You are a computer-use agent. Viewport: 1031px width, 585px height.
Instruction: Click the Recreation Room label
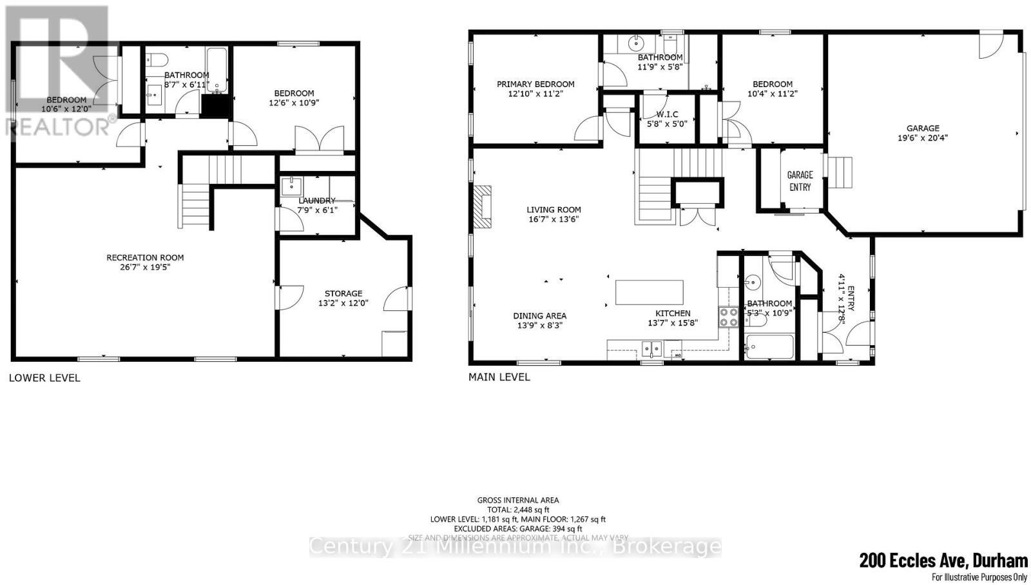[x=145, y=257]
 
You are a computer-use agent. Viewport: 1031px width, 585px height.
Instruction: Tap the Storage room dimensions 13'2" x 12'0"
[x=343, y=303]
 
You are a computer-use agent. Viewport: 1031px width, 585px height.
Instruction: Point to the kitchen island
[x=649, y=292]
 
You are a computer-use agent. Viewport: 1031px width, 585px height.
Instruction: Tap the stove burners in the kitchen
[x=729, y=317]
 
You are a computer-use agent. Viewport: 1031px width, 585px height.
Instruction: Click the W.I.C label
[x=667, y=114]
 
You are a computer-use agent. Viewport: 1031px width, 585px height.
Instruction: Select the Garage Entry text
[x=800, y=181]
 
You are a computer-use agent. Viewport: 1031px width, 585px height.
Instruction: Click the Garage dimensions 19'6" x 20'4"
[x=923, y=137]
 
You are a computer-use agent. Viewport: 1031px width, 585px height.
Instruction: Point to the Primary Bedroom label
[x=535, y=84]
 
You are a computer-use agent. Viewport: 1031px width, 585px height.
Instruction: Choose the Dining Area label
[x=539, y=315]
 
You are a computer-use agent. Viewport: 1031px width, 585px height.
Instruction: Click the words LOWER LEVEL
[x=44, y=378]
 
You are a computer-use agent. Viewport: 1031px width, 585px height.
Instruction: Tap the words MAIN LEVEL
[x=499, y=377]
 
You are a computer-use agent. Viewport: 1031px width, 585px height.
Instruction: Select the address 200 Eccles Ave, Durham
[x=943, y=560]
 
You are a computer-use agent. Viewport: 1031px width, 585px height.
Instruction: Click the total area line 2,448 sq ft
[x=518, y=510]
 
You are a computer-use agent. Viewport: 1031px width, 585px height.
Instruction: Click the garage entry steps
[x=840, y=173]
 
